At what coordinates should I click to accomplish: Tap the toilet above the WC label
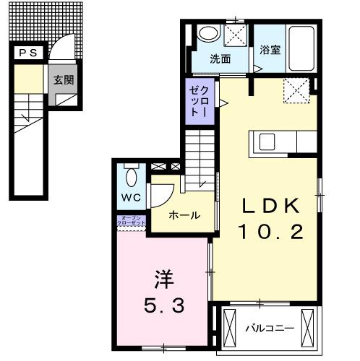pyautogui.click(x=131, y=177)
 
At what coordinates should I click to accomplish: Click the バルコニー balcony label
pyautogui.click(x=268, y=329)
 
